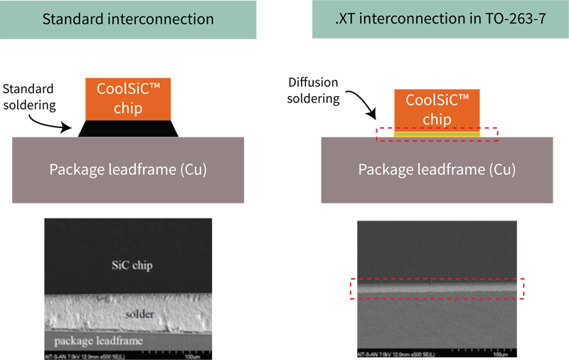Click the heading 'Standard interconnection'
(128, 19)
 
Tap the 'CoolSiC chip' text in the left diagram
(129, 98)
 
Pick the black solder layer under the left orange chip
(131, 129)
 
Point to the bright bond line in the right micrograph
(427, 290)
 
